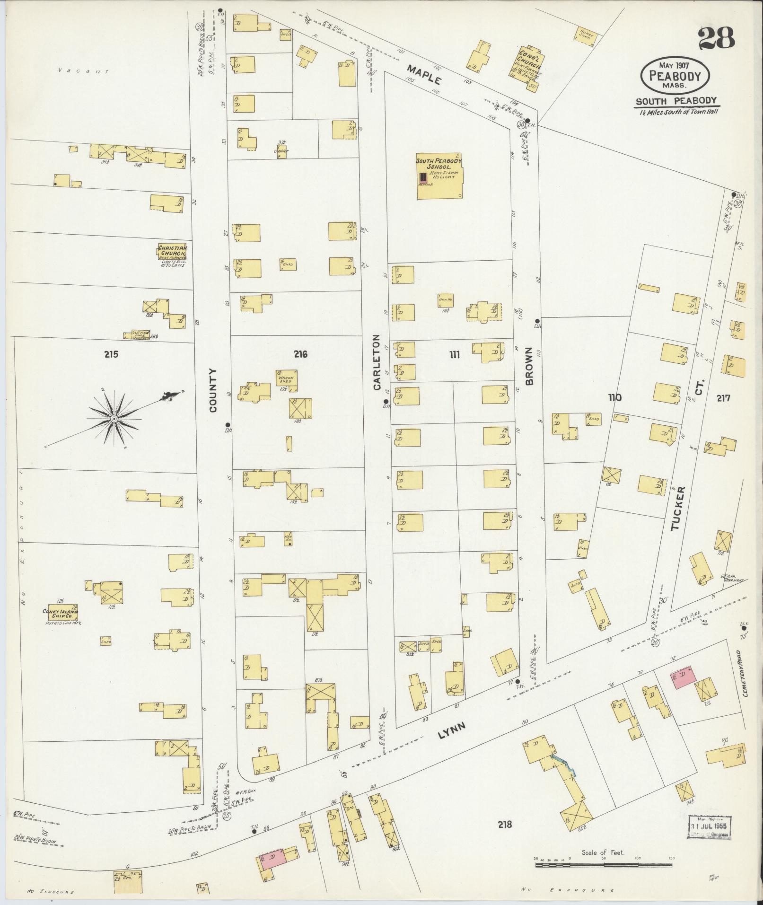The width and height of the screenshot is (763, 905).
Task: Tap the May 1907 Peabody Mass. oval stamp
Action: coord(675,76)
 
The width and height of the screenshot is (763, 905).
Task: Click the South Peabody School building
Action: coord(439,176)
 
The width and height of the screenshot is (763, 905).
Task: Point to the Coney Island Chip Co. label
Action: coord(60,613)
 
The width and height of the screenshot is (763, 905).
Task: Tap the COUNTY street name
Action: coord(212,390)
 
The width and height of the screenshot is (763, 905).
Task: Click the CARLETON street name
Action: coord(377,362)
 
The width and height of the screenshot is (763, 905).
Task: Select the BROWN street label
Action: coord(529,366)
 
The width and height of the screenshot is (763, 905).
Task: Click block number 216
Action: coord(300,354)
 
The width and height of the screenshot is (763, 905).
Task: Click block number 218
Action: coord(505,825)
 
